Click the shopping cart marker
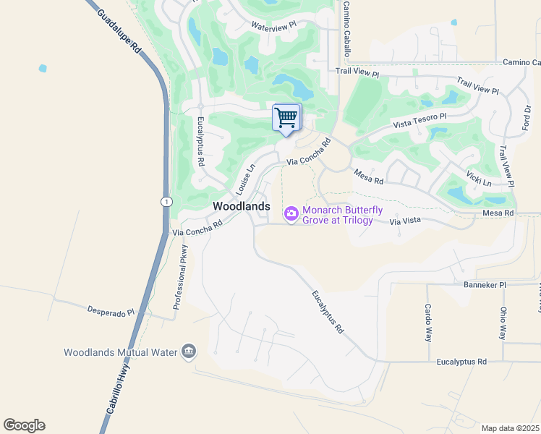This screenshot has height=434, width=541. tap(286, 117)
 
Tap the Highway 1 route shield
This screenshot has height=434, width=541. tap(166, 202)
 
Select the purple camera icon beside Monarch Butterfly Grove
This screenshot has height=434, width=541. tap(291, 213)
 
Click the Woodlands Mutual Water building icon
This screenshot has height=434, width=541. tap(189, 352)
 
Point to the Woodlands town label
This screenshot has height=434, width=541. tap(241, 206)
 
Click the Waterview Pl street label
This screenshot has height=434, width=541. tap(273, 25)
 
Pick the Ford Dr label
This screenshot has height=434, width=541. tap(527, 119)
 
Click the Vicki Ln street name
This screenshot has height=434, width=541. tap(479, 179)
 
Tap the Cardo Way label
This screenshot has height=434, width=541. tap(428, 323)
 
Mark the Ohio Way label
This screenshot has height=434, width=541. tap(503, 323)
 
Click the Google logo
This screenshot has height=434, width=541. tap(24, 425)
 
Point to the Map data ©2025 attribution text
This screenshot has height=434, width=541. tap(510, 428)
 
